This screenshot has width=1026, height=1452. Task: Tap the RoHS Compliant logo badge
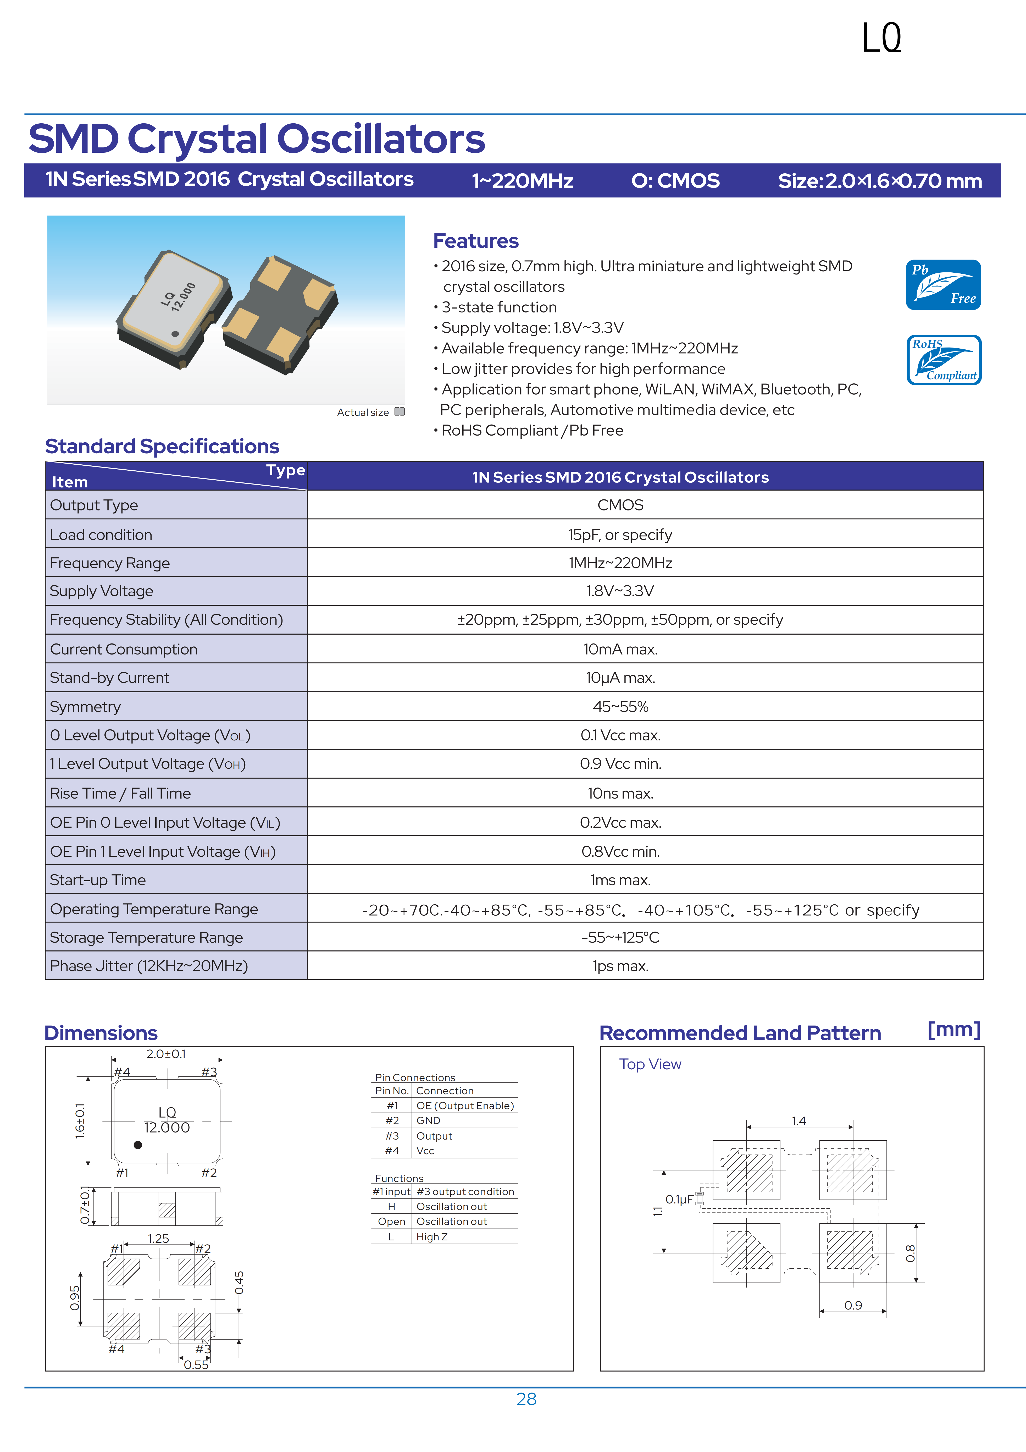(x=944, y=360)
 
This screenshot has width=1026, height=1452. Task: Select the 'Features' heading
(x=475, y=241)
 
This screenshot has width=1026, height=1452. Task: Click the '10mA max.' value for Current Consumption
(x=620, y=650)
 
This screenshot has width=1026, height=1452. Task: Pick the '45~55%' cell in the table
(x=620, y=707)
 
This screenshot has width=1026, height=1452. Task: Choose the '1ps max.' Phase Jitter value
(x=620, y=966)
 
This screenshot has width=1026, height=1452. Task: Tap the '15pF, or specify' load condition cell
(x=620, y=535)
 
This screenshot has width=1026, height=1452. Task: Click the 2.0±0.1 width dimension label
(x=166, y=1054)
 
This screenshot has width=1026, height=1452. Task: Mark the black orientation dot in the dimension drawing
(x=138, y=1145)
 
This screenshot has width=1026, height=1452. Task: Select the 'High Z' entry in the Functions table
(x=432, y=1237)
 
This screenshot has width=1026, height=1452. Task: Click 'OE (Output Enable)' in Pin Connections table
(x=465, y=1105)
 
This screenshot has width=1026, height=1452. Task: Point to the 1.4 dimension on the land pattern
(x=798, y=1121)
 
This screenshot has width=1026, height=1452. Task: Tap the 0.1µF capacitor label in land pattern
(x=679, y=1199)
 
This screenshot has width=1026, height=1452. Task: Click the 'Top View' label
(x=650, y=1064)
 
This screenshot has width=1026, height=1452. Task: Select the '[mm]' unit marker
(x=953, y=1030)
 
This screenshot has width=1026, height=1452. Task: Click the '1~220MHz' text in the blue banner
(x=522, y=181)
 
